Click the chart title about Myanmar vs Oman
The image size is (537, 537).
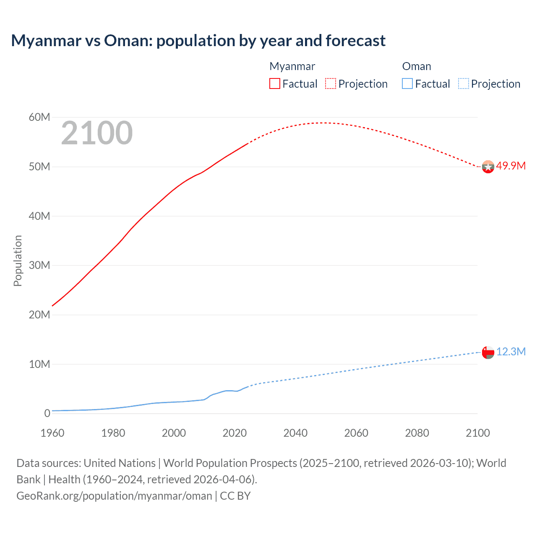point(198,41)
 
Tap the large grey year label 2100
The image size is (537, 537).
point(97,133)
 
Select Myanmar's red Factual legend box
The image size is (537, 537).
point(274,83)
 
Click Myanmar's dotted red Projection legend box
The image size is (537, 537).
point(331,83)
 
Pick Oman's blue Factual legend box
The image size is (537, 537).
point(407,83)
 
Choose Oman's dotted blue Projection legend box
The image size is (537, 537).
point(463,83)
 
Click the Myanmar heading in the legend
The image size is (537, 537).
point(292,66)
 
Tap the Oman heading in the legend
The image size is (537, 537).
point(416,66)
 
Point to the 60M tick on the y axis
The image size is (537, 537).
point(39,117)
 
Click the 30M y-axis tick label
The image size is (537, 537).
point(39,265)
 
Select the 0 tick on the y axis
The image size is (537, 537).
point(47,413)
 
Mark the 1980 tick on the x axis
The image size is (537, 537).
point(113,433)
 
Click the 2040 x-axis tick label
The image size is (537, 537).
point(295,433)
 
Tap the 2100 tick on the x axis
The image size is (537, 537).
point(477,433)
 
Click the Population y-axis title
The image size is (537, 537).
point(18,261)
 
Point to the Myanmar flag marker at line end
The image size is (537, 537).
point(488,167)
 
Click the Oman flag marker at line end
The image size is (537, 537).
point(488,352)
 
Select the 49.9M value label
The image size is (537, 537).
point(511,166)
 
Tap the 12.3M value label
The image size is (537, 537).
point(511,352)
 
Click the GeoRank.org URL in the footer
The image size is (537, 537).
point(114,495)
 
